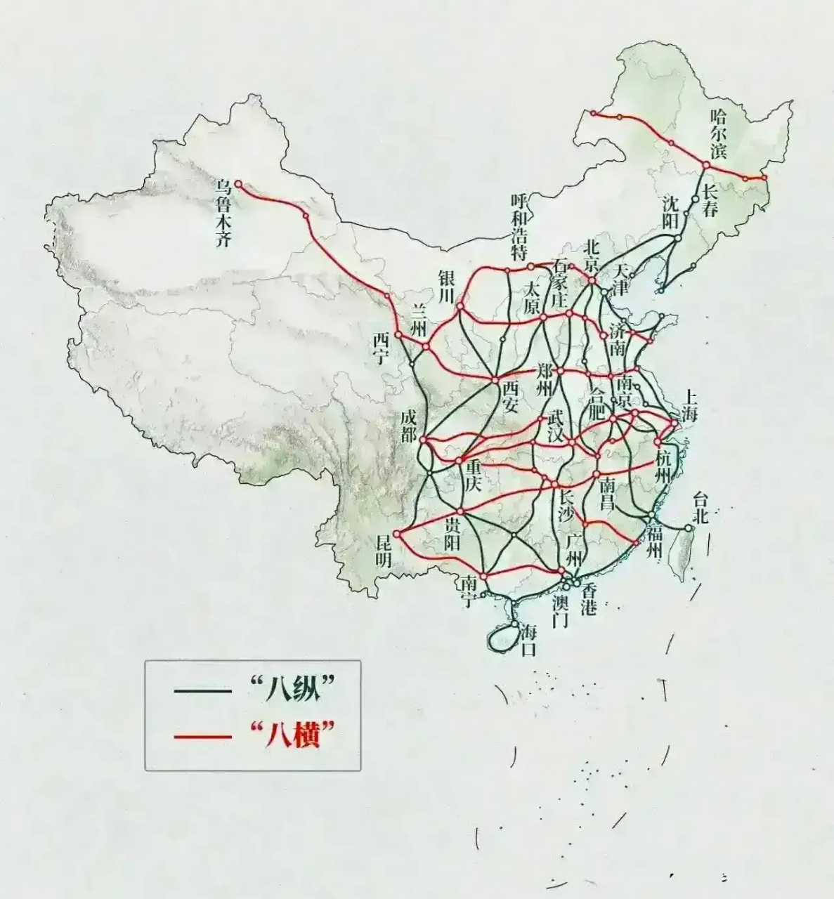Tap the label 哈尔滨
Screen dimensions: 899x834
pyautogui.click(x=717, y=133)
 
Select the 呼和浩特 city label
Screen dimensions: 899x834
pyautogui.click(x=519, y=226)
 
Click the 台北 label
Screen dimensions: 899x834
pyautogui.click(x=701, y=508)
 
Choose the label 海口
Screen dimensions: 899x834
pyautogui.click(x=528, y=639)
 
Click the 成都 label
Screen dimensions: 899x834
pyautogui.click(x=408, y=424)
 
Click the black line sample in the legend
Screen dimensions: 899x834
pyautogui.click(x=203, y=692)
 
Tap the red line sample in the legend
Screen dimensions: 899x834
pyautogui.click(x=203, y=737)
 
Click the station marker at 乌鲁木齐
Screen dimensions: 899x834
pyautogui.click(x=237, y=183)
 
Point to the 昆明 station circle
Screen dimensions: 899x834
pyautogui.click(x=396, y=534)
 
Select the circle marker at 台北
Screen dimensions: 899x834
pyautogui.click(x=689, y=527)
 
